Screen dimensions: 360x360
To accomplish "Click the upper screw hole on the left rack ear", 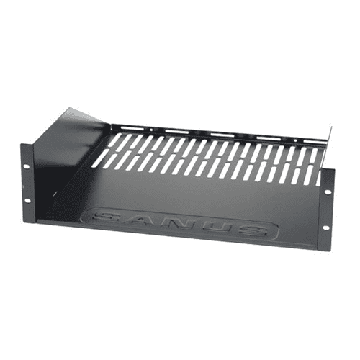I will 27,167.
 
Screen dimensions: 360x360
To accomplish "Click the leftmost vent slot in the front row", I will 99,160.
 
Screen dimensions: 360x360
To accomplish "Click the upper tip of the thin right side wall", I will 330,130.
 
